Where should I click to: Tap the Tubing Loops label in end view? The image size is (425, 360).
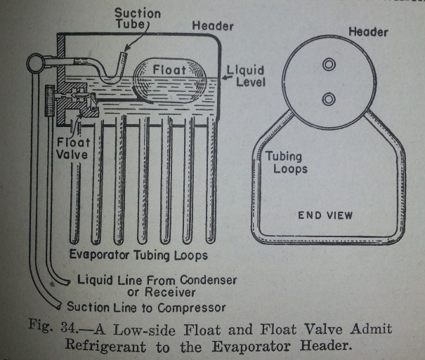point(286,163)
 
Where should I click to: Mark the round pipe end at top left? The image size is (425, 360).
point(34,63)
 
